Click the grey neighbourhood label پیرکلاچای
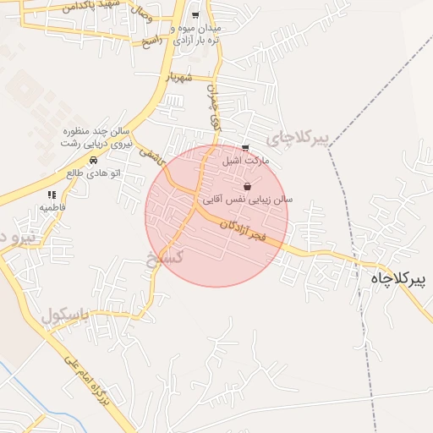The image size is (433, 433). (x=295, y=137)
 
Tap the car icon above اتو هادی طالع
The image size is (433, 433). (x=93, y=160)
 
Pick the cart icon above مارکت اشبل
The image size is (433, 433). (x=245, y=148)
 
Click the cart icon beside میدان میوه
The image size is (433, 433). (x=195, y=15)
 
